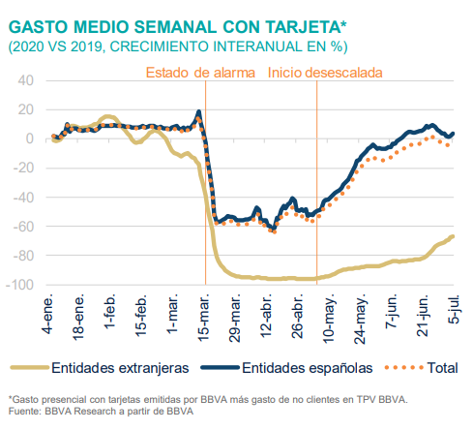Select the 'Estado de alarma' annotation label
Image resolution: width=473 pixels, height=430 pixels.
(200, 73)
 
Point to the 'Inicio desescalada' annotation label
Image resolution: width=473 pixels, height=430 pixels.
(325, 73)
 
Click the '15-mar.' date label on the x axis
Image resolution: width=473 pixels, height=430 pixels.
(204, 313)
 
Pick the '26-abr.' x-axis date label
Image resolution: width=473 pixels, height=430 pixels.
(296, 313)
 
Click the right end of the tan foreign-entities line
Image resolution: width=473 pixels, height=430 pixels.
(453, 237)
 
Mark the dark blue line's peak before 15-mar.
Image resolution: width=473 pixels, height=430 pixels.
(198, 112)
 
